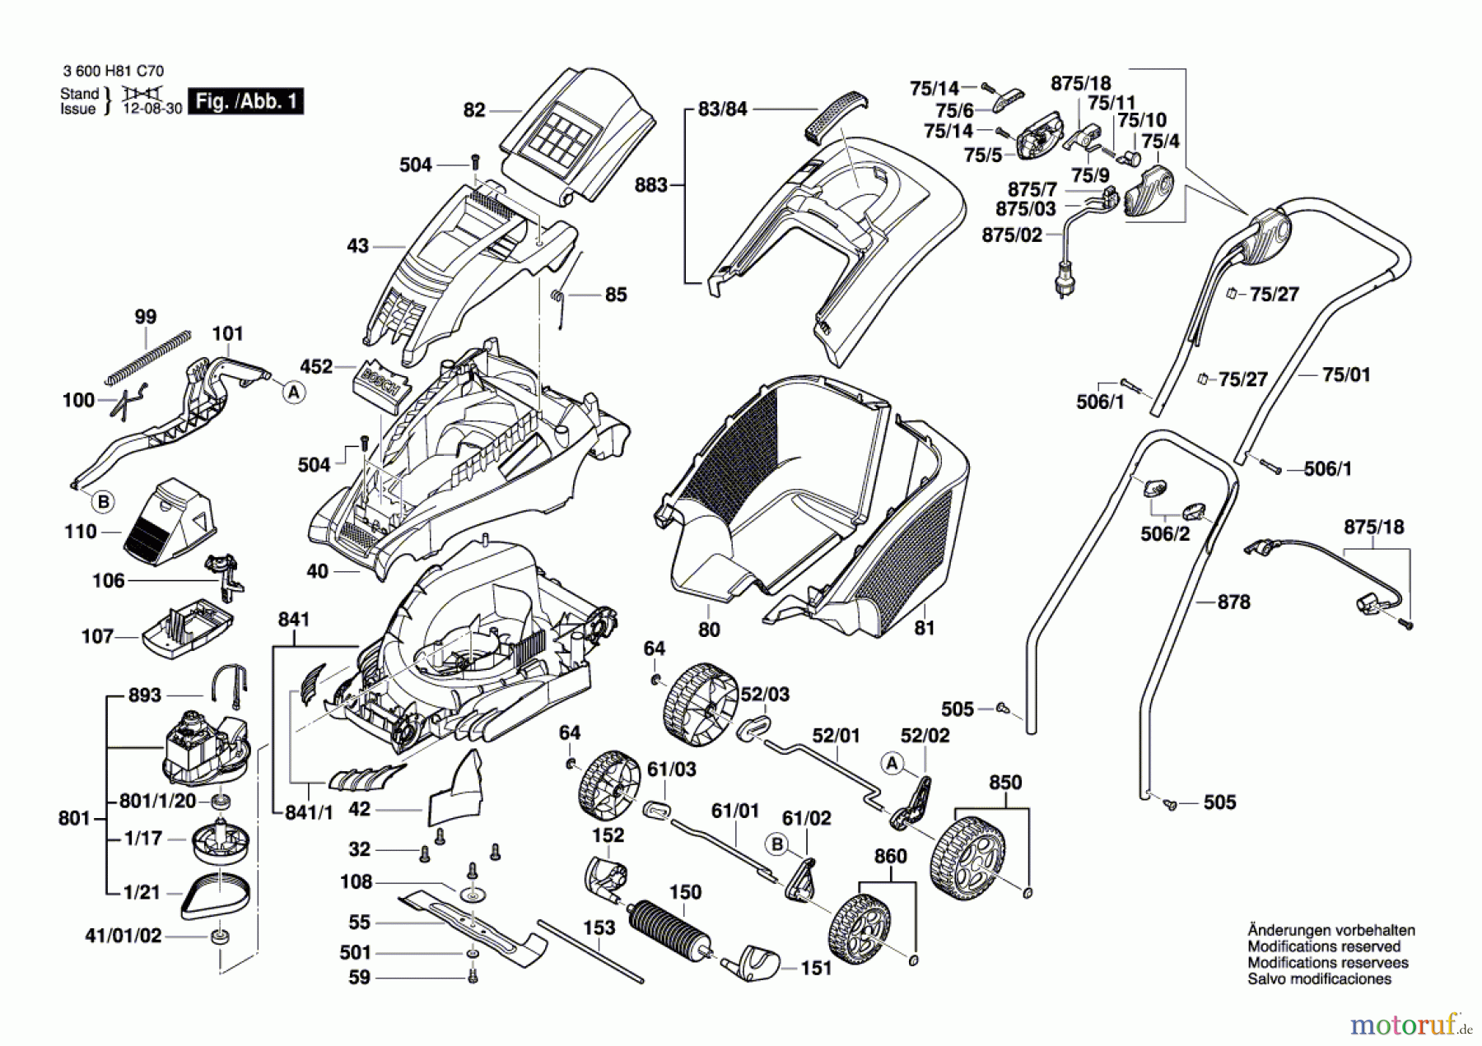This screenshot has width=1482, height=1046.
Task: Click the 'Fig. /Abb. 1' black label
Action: (245, 101)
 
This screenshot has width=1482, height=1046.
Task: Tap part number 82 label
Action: (474, 110)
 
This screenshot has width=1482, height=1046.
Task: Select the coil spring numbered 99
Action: (148, 358)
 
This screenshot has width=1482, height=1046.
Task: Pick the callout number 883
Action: (650, 185)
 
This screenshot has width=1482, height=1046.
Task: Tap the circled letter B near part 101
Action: (103, 501)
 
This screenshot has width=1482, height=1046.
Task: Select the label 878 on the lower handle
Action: (1233, 602)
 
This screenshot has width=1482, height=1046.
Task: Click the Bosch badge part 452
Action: (381, 380)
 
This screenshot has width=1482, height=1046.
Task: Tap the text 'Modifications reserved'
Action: (1323, 946)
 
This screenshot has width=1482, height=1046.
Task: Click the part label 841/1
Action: (309, 812)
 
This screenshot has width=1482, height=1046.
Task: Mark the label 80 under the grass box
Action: (709, 630)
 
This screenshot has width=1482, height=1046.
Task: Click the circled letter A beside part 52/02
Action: (892, 763)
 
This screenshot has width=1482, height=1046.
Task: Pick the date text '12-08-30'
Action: (152, 109)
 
